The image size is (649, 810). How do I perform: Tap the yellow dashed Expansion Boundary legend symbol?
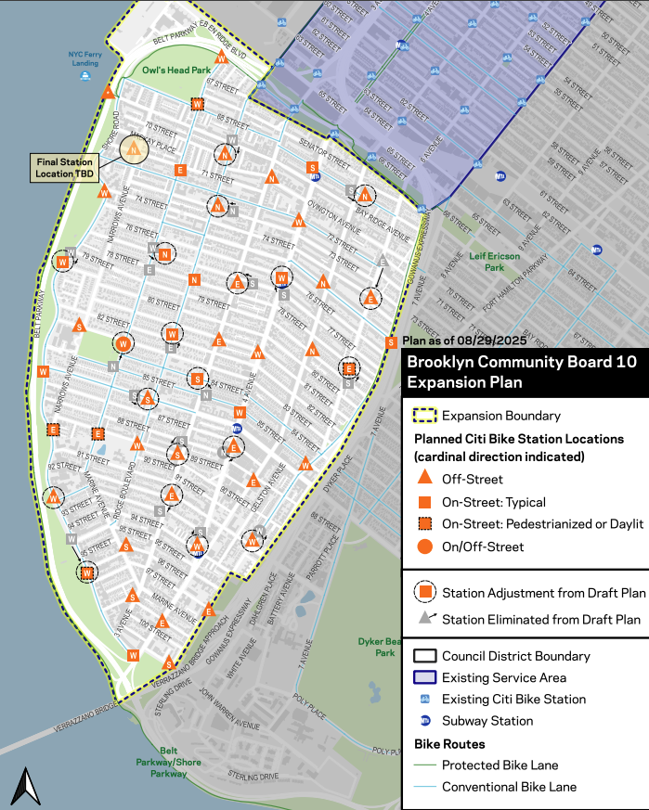pos(423,417)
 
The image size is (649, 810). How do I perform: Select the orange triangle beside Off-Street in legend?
pos(423,480)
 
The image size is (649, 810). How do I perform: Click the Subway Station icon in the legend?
pos(423,721)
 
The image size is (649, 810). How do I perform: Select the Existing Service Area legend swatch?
pos(423,677)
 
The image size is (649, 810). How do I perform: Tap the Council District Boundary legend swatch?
pos(423,656)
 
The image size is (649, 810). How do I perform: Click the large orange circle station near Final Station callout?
pos(135,150)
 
